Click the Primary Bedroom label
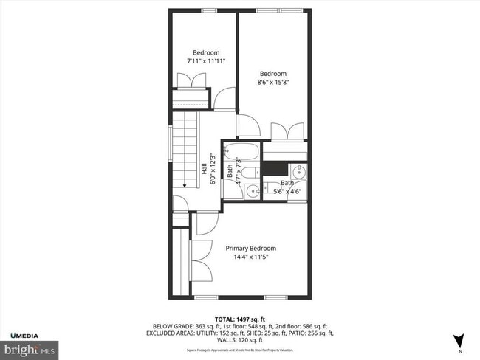tap(250, 249)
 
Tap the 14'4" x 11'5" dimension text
tap(250, 257)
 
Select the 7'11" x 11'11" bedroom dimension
tap(206, 61)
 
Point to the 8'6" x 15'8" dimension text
tap(272, 83)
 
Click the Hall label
tap(204, 169)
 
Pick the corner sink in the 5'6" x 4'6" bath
tap(301, 172)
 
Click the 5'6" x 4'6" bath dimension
tap(288, 191)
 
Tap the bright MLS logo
tap(30, 346)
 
